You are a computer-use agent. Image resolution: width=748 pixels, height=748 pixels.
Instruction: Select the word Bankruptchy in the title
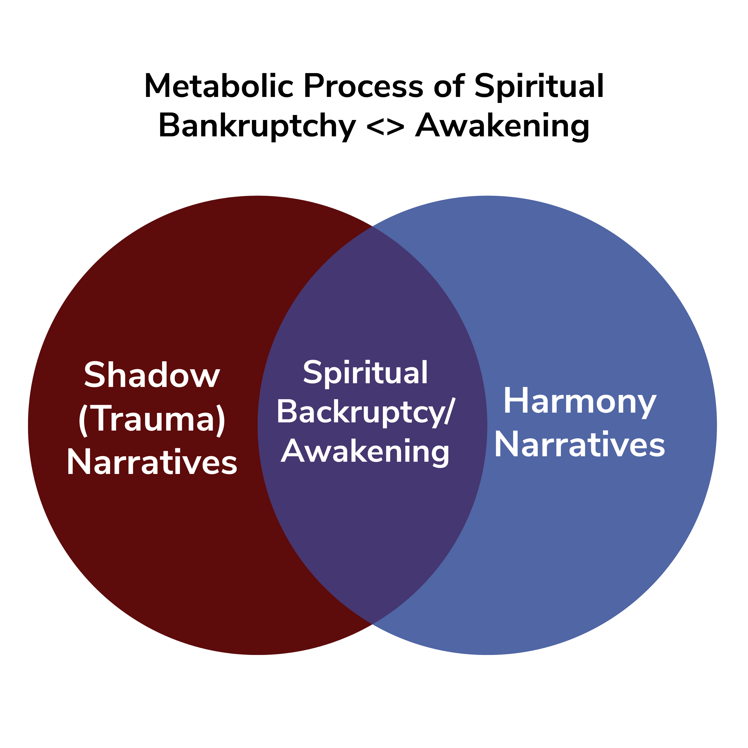[x=258, y=126]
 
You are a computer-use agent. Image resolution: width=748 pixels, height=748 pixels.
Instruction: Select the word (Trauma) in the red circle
[x=152, y=419]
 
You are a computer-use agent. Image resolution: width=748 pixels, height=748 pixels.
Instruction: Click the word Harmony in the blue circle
[x=579, y=402]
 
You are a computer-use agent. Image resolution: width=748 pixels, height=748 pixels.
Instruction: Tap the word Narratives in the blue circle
[x=579, y=445]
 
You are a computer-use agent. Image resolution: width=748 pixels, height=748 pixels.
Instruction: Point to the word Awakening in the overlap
[x=365, y=451]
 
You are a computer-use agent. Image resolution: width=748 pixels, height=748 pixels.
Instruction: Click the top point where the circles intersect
[x=373, y=227]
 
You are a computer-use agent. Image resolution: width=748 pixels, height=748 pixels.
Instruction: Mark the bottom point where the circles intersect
[x=373, y=624]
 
